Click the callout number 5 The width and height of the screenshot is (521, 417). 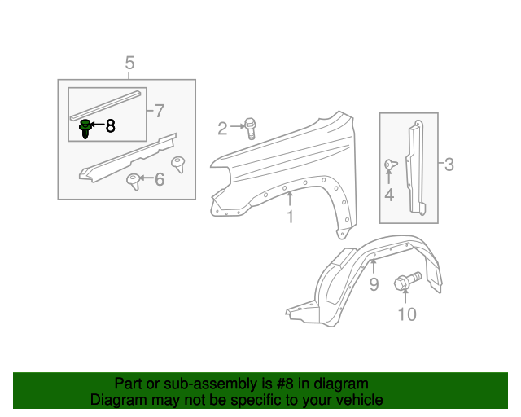[129, 63]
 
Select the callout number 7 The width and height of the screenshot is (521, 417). [159, 110]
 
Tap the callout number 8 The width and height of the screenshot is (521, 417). [110, 126]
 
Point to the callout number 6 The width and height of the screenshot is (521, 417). [159, 178]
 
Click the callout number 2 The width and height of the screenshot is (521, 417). [222, 127]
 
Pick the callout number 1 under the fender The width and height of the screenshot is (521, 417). [289, 217]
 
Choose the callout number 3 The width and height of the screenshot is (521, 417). [449, 165]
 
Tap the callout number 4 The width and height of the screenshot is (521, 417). [389, 195]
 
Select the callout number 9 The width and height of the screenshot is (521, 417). [374, 283]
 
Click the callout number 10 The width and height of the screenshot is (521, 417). [406, 314]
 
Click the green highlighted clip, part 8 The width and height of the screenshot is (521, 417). [85, 128]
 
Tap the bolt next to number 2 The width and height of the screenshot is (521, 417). [250, 126]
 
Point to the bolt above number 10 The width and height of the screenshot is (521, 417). [405, 283]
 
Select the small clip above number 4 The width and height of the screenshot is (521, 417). [389, 165]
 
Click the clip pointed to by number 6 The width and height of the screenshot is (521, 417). [133, 180]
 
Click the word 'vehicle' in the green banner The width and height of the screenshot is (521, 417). [354, 400]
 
